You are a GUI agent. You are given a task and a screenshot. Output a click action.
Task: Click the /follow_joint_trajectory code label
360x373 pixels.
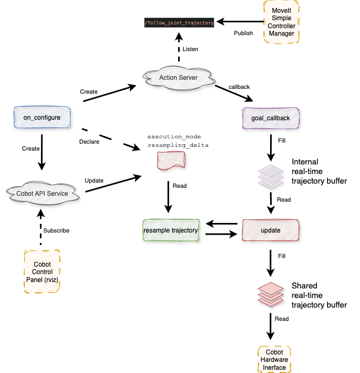click(x=179, y=23)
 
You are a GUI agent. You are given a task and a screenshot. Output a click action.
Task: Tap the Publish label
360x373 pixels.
click(x=244, y=33)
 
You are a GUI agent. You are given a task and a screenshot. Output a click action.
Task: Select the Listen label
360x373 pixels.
click(x=190, y=49)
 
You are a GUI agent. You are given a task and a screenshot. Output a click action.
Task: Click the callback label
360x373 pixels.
click(x=239, y=87)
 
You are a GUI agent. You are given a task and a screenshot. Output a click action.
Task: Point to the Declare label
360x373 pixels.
click(x=89, y=142)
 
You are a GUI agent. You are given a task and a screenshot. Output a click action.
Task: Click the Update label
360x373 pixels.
click(x=94, y=180)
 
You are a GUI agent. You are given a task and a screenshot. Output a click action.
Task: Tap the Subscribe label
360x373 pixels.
click(x=56, y=230)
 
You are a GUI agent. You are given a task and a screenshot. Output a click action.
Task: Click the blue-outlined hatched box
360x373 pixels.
click(x=42, y=117)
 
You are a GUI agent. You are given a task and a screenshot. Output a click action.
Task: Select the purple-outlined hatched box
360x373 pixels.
click(x=271, y=118)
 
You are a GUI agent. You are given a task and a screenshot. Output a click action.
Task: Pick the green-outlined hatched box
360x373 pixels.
click(x=171, y=230)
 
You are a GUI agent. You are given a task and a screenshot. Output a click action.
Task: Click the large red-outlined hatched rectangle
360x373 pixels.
click(x=271, y=230)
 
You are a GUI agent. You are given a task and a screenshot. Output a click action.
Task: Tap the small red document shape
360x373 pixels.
click(x=171, y=160)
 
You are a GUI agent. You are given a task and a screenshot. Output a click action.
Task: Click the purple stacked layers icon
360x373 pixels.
click(x=271, y=176)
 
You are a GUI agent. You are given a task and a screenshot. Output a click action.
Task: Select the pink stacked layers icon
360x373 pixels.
click(x=271, y=294)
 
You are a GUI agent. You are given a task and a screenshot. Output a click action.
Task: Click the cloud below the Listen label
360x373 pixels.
click(x=179, y=78)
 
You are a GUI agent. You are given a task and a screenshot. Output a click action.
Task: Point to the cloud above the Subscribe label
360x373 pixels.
click(x=43, y=193)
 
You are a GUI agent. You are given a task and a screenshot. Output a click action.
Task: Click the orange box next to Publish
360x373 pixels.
click(x=282, y=22)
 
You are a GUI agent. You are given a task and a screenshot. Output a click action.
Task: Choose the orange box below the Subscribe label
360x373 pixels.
click(x=42, y=271)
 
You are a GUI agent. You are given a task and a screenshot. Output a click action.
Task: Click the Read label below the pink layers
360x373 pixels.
click(x=281, y=319)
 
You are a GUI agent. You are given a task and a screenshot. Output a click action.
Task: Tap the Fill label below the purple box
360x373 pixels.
click(x=282, y=141)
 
